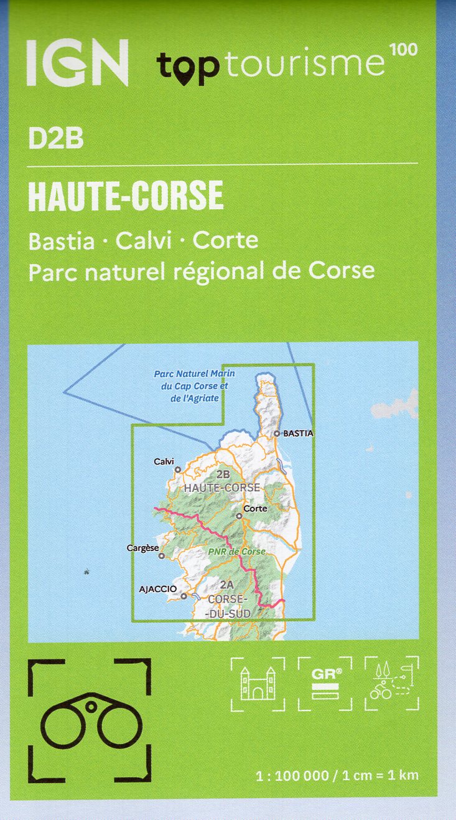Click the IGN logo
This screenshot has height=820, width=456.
pyautogui.click(x=77, y=62)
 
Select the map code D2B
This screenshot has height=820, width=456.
pyautogui.click(x=55, y=139)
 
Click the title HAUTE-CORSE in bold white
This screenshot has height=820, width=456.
pyautogui.click(x=126, y=196)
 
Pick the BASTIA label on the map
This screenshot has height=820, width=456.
pyautogui.click(x=298, y=433)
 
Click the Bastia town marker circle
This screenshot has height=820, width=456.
pyautogui.click(x=277, y=433)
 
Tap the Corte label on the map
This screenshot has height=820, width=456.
pyautogui.click(x=255, y=509)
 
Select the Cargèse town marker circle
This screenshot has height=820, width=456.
pyautogui.click(x=161, y=556)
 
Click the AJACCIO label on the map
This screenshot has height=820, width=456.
pyautogui.click(x=159, y=588)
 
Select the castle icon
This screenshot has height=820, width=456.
pyautogui.click(x=258, y=683)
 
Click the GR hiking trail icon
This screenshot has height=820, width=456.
pyautogui.click(x=325, y=683)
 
